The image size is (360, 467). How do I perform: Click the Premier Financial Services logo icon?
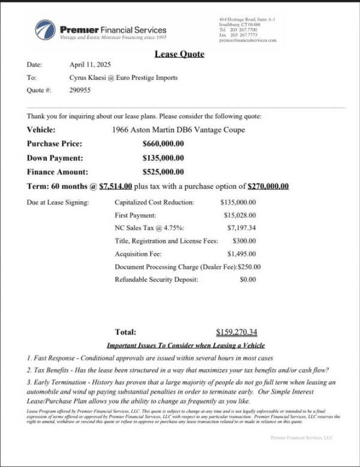tap(45, 29)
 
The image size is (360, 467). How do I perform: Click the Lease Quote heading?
tap(179, 54)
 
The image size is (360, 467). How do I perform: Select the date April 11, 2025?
tap(90, 65)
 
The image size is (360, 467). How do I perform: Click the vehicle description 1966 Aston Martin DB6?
tap(178, 129)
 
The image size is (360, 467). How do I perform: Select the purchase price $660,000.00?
tap(163, 144)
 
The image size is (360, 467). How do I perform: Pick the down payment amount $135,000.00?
tap(163, 158)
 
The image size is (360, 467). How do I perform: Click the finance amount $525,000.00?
tap(163, 171)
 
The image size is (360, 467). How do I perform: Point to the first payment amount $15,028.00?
tap(239, 215)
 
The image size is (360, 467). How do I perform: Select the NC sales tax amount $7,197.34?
tap(241, 228)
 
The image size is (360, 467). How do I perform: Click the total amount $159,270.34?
tap(236, 332)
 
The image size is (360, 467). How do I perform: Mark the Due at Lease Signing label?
tap(58, 203)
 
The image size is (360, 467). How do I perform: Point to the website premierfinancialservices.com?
tap(248, 40)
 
